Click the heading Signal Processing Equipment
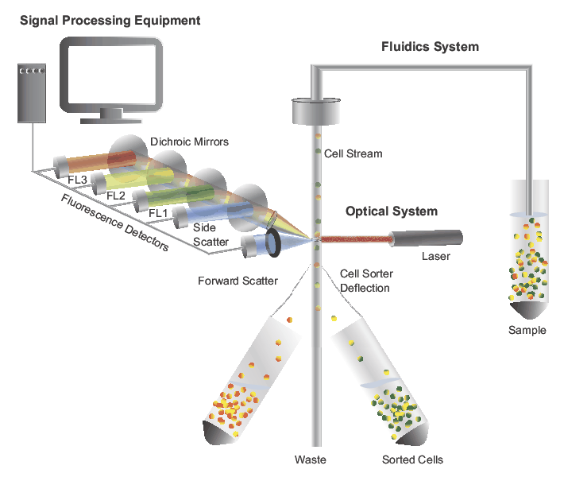[110, 19]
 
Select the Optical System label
[391, 211]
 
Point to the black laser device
[427, 238]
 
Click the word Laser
[436, 257]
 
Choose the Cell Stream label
[353, 153]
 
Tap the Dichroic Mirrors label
[189, 142]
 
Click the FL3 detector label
[78, 180]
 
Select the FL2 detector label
[116, 196]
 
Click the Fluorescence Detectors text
[115, 223]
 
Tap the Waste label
[310, 460]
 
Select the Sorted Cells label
[412, 460]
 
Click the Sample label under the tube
[527, 330]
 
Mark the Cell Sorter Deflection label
[365, 281]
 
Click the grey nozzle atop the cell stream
[317, 111]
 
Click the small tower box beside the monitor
[32, 94]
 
